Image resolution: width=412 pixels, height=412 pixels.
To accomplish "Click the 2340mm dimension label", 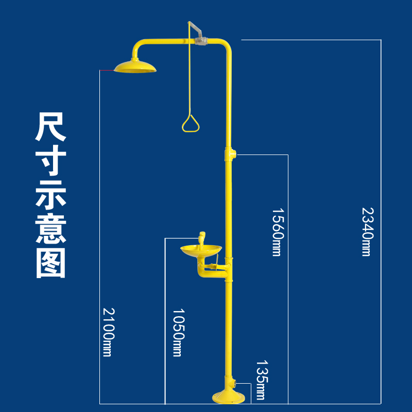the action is point(366,231).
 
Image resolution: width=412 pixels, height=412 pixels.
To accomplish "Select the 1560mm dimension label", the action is point(278,232).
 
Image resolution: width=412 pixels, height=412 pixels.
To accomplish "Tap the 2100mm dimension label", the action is point(109,332).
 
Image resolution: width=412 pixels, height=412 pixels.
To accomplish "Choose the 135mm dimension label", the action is point(261,380).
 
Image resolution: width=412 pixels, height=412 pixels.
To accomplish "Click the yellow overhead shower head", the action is point(134,66).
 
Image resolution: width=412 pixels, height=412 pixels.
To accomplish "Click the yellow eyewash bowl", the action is point(201,252).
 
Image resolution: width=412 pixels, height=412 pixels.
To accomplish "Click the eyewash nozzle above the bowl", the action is point(202,239).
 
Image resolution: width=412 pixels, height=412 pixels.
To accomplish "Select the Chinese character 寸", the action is point(50,163).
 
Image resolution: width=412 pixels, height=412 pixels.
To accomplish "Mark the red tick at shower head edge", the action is point(107,70).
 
